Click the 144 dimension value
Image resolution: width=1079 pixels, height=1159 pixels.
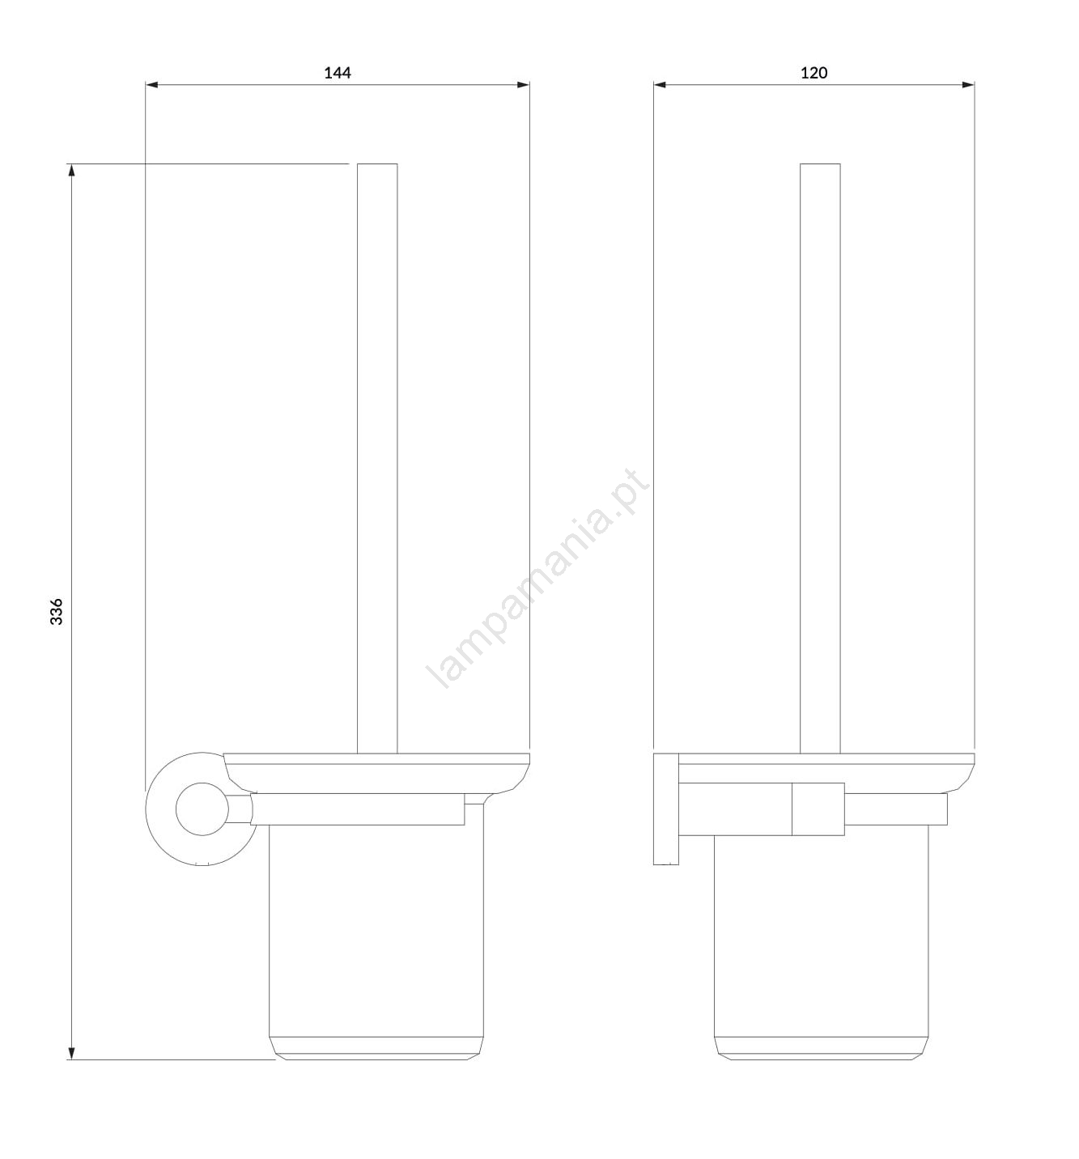(338, 73)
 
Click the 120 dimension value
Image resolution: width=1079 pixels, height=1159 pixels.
(814, 73)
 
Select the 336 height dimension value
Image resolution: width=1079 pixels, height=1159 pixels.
(57, 612)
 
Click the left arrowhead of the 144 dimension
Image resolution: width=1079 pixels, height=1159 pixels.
(151, 85)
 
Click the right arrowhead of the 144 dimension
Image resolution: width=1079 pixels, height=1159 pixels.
(523, 85)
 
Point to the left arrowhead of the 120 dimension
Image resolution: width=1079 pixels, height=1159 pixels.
(660, 85)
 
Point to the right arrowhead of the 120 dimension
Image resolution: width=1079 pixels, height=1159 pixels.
(968, 85)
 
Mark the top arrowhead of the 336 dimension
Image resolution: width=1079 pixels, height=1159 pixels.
(72, 170)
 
